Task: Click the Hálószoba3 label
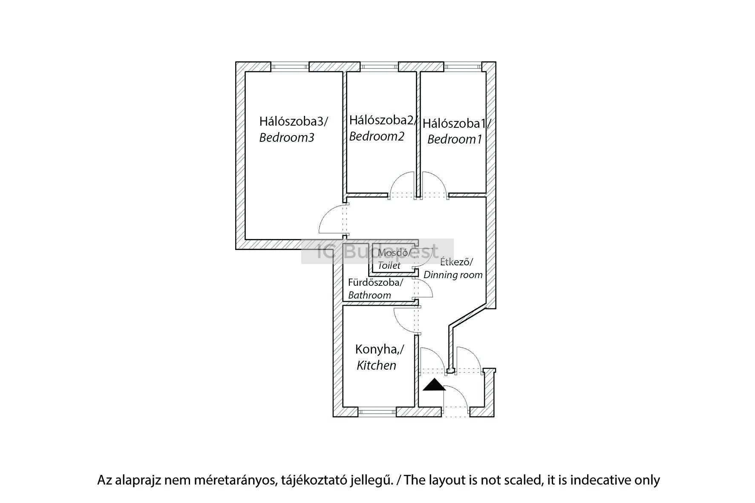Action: coord(293,122)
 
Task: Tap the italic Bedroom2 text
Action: coord(376,137)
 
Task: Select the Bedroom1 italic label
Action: coord(454,139)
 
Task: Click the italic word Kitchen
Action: coord(376,365)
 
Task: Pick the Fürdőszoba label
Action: coord(375,282)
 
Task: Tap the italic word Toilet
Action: coord(389,265)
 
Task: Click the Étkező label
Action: coord(456,261)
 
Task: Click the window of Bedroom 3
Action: coord(290,66)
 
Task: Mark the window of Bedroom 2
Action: coord(379,66)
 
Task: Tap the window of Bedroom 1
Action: coord(463,66)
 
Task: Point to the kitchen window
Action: coord(377,411)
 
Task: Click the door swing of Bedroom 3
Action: coord(330,219)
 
